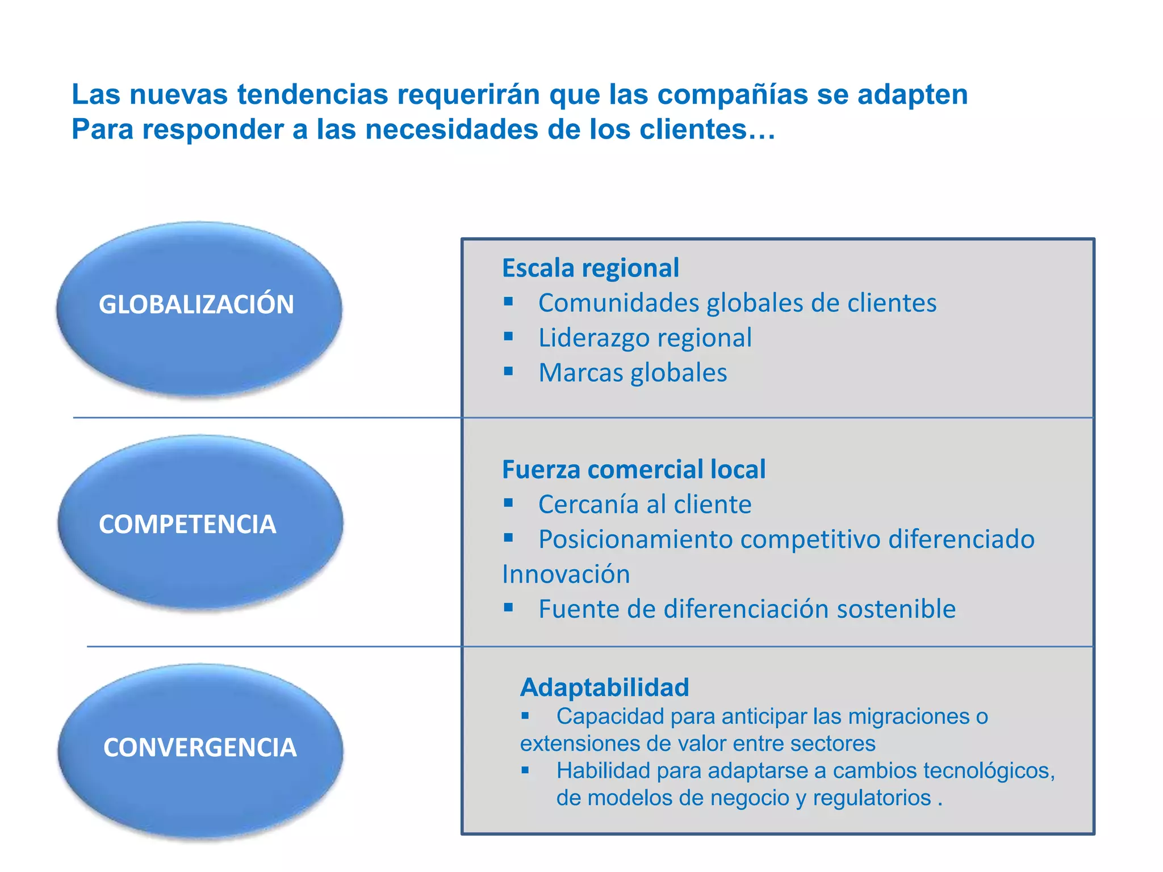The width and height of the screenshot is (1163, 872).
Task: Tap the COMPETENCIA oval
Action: pyautogui.click(x=200, y=522)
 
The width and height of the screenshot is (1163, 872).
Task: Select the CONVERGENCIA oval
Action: pyautogui.click(x=200, y=749)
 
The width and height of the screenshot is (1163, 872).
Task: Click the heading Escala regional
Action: pyautogui.click(x=591, y=268)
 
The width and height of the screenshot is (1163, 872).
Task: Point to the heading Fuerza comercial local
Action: pyautogui.click(x=634, y=469)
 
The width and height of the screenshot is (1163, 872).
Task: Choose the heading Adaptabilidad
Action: pyautogui.click(x=605, y=687)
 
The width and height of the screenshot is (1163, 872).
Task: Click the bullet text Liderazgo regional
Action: pyautogui.click(x=645, y=338)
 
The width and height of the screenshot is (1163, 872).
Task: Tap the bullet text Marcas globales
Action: pyautogui.click(x=633, y=373)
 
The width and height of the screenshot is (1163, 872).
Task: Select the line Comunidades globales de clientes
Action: pyautogui.click(x=737, y=303)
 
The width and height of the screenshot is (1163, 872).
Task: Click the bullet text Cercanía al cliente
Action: pyautogui.click(x=645, y=505)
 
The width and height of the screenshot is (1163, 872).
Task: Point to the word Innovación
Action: pyautogui.click(x=566, y=575)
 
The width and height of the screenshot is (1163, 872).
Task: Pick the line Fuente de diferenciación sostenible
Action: pyautogui.click(x=747, y=609)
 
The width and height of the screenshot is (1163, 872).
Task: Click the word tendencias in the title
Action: pyautogui.click(x=313, y=94)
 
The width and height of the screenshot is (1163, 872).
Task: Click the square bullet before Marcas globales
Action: pyautogui.click(x=508, y=372)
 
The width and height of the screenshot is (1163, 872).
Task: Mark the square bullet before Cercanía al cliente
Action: pyautogui.click(x=508, y=502)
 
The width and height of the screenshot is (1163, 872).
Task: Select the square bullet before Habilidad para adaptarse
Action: pyautogui.click(x=525, y=770)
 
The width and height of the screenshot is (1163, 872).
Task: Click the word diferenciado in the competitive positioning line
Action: pyautogui.click(x=961, y=539)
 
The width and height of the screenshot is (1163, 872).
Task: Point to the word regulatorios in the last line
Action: pyautogui.click(x=872, y=798)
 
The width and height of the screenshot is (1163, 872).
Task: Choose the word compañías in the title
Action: pyautogui.click(x=733, y=94)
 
